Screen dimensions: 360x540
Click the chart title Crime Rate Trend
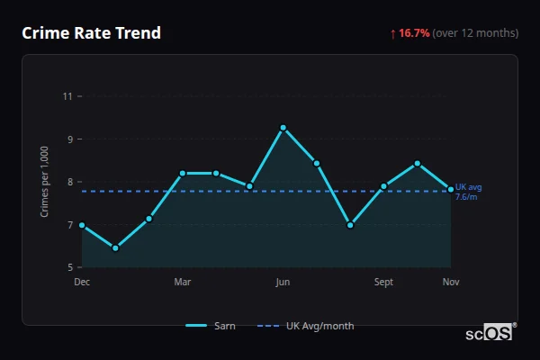pyautogui.click(x=91, y=33)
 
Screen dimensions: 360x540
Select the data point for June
pyautogui.click(x=283, y=128)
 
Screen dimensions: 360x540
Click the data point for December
pyautogui.click(x=82, y=225)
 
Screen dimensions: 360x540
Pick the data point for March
pyautogui.click(x=183, y=173)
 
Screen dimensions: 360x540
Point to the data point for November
pyautogui.click(x=451, y=189)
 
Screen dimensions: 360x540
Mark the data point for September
pyautogui.click(x=383, y=186)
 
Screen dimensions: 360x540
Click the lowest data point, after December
pyautogui.click(x=115, y=247)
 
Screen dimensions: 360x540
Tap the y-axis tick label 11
pyautogui.click(x=67, y=95)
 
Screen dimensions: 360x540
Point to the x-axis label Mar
pyautogui.click(x=183, y=283)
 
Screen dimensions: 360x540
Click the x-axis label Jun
pyautogui.click(x=283, y=283)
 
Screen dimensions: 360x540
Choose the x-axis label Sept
pyautogui.click(x=383, y=283)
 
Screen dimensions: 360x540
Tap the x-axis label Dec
pyautogui.click(x=82, y=283)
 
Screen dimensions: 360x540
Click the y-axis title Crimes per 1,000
pyautogui.click(x=44, y=181)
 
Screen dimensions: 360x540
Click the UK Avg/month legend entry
pyautogui.click(x=306, y=326)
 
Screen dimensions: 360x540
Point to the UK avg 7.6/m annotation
pyautogui.click(x=468, y=192)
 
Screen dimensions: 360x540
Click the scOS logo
pyautogui.click(x=490, y=333)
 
